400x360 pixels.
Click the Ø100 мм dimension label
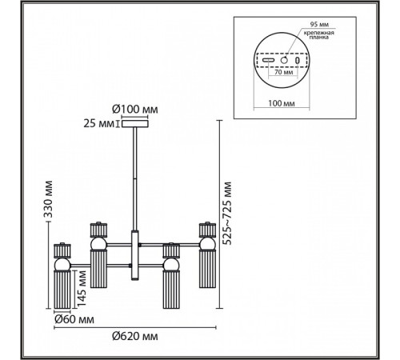point(135,109)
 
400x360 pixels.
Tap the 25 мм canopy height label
point(98,124)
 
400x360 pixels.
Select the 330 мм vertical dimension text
point(48,199)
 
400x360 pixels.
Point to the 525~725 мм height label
point(227,213)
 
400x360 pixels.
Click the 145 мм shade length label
point(82,288)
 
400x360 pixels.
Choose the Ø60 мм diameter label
point(74,319)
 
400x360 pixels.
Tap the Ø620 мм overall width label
point(135,336)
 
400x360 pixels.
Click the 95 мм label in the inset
point(319,24)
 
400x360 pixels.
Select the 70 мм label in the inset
point(283,72)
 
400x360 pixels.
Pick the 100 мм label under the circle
point(282,103)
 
